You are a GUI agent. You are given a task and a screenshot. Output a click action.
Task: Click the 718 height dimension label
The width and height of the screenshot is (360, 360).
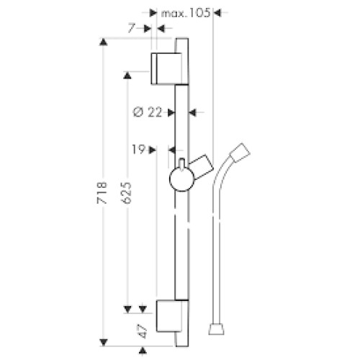pyautogui.click(x=102, y=193)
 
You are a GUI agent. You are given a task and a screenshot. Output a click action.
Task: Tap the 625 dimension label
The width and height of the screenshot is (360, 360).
pyautogui.click(x=127, y=193)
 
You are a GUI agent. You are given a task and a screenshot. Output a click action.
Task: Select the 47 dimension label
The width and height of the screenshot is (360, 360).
pyautogui.click(x=143, y=331)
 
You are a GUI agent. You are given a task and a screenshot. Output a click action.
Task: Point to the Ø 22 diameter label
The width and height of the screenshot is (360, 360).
pyautogui.click(x=148, y=112)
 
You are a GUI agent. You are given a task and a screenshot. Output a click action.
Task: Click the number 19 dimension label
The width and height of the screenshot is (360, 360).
pyautogui.click(x=139, y=150)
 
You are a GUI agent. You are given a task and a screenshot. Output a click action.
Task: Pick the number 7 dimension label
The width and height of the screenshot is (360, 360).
pyautogui.click(x=131, y=29)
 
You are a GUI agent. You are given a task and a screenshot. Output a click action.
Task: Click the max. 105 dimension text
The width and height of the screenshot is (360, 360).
pyautogui.click(x=186, y=13)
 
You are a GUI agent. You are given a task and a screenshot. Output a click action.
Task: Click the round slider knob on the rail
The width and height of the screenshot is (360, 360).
pyautogui.click(x=181, y=179)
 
